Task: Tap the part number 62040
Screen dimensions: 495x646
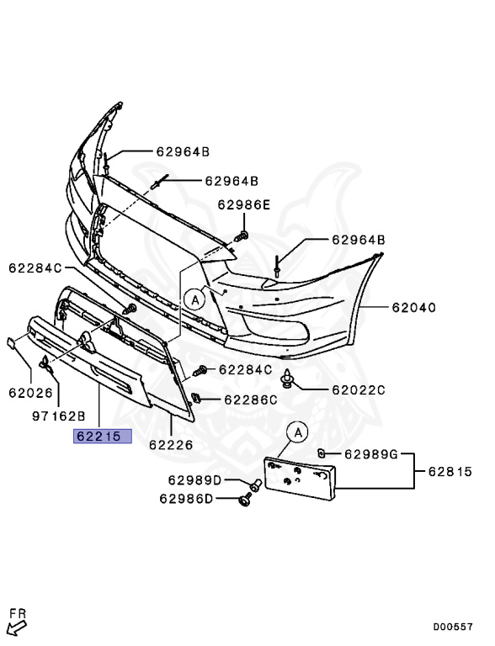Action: [413, 307]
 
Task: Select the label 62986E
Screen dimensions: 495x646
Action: [244, 204]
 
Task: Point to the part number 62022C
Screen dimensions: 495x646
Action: [359, 389]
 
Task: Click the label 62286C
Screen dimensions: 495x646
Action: [251, 400]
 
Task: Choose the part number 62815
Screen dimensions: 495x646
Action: [450, 471]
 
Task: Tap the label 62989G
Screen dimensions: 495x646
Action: [371, 454]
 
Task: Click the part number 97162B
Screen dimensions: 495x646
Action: [59, 416]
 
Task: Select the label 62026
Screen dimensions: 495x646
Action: [31, 393]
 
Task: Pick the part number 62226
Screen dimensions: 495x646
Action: [171, 445]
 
